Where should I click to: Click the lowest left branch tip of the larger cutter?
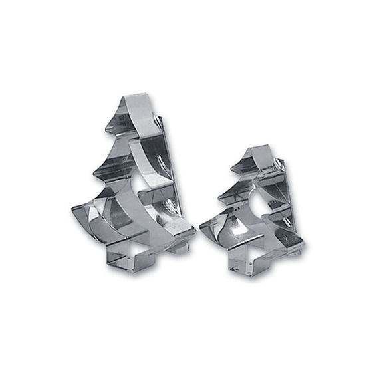click(x=73, y=211)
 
